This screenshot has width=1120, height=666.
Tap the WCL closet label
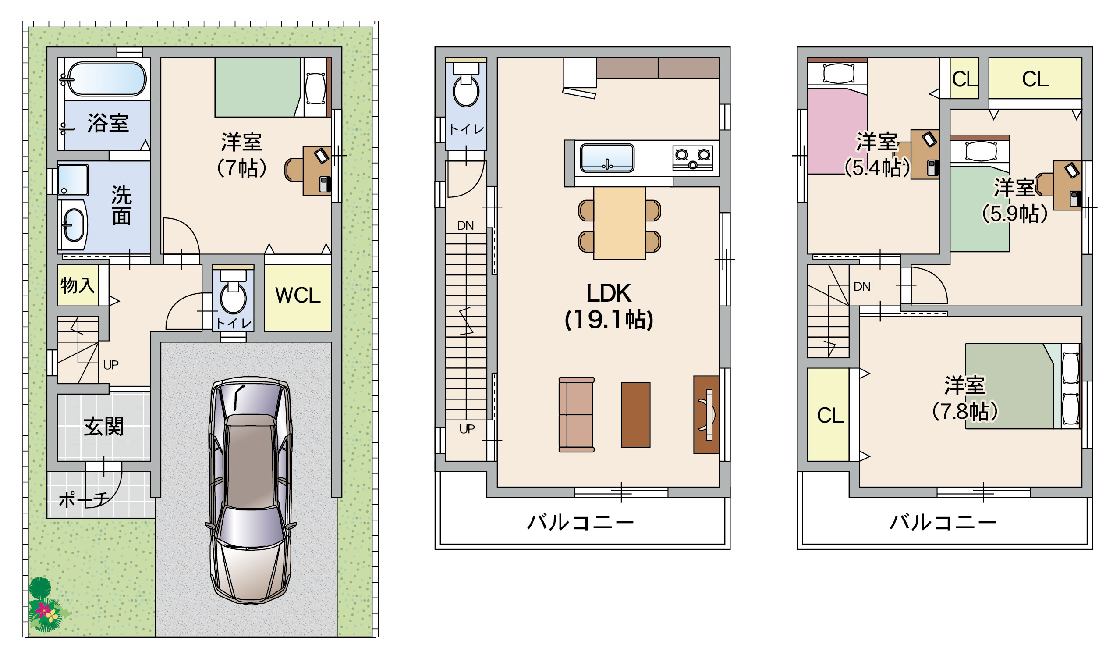298,296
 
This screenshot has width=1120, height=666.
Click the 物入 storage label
78,285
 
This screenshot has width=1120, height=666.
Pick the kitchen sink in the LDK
607,157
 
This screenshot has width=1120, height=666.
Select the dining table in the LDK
619,223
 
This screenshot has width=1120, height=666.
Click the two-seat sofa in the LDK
576,415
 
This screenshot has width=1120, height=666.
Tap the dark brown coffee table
635,415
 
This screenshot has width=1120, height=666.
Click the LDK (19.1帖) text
609,306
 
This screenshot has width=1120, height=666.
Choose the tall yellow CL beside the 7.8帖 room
828,415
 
